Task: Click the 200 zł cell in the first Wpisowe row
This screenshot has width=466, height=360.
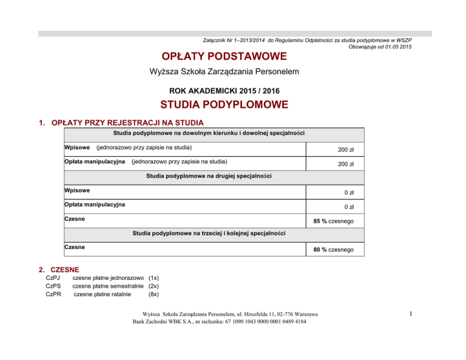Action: pos(346,149)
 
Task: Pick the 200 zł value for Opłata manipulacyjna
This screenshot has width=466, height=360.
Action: pos(346,164)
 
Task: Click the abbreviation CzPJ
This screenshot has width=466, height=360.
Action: pos(53,279)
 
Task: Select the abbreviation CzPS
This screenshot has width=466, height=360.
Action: pos(53,287)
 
